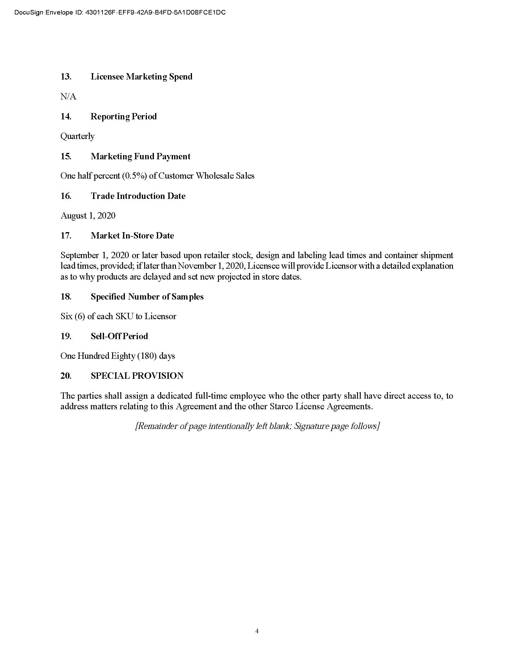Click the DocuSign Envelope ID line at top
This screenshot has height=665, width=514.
tap(120, 12)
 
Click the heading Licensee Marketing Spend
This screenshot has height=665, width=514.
tap(141, 76)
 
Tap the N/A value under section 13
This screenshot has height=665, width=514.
tap(68, 96)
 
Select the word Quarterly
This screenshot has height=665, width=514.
tap(77, 136)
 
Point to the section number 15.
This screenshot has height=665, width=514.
tap(66, 156)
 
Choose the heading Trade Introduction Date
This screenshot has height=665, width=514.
tap(138, 196)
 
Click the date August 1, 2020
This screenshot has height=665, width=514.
tap(88, 216)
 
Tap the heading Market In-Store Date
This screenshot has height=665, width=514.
tap(132, 235)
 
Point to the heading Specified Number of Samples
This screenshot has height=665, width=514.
tap(147, 297)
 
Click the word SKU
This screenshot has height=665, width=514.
tap(124, 316)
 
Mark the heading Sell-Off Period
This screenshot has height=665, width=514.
tap(119, 336)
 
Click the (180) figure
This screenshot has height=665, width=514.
tap(147, 356)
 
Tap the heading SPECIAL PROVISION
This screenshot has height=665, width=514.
tap(137, 376)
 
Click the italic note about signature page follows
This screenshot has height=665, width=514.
tap(257, 426)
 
